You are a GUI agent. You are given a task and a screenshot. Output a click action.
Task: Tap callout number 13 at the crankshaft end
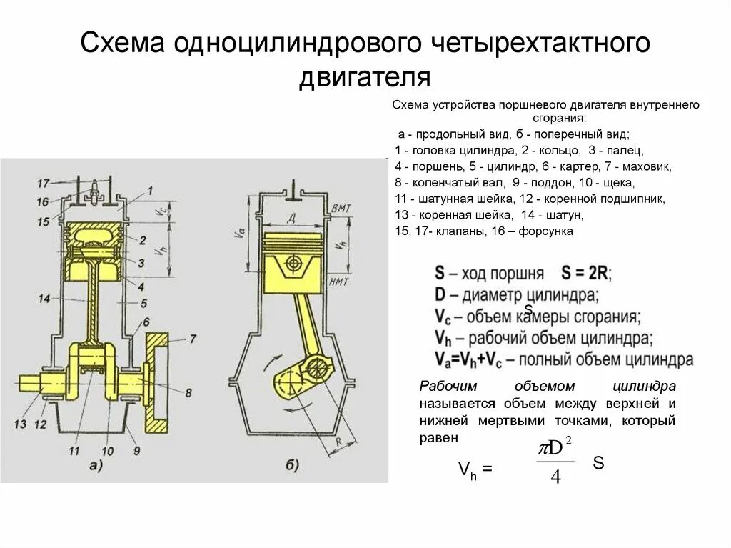tap(21, 424)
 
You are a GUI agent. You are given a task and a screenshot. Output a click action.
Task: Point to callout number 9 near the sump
tap(136, 451)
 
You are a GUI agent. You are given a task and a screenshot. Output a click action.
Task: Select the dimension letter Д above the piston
tap(291, 216)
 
